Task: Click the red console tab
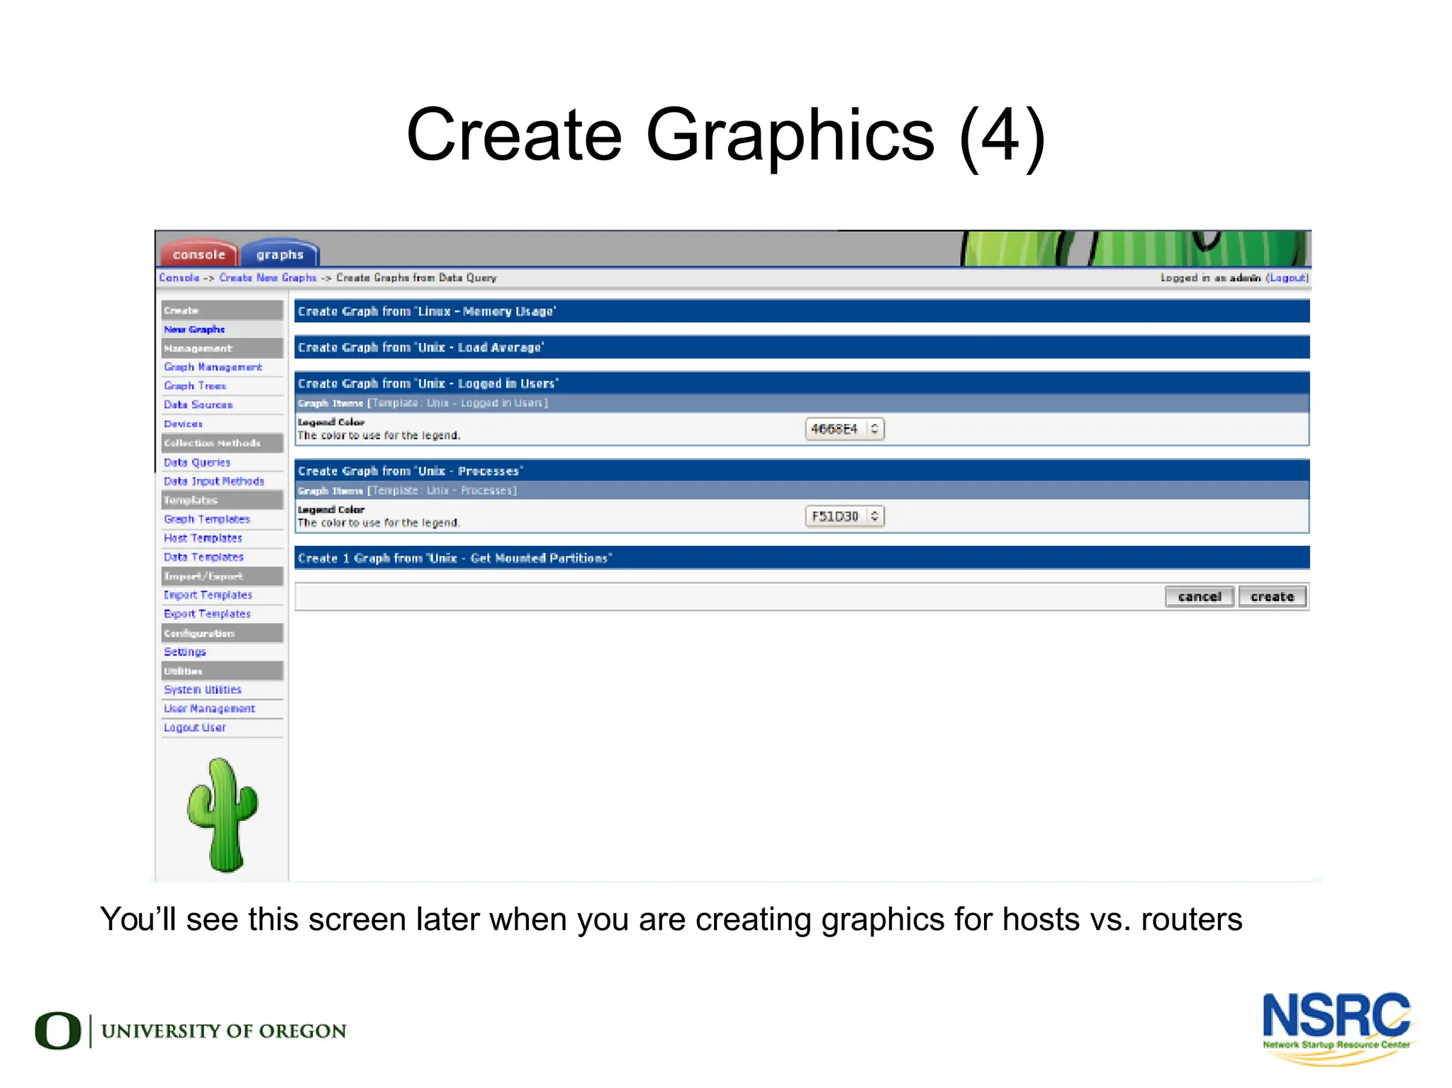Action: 199,254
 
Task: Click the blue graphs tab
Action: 280,254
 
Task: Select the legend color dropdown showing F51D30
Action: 844,516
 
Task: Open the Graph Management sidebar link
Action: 213,367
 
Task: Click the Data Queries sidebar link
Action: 197,462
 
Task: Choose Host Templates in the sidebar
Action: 203,538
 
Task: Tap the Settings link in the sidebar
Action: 184,651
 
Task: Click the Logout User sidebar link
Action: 195,727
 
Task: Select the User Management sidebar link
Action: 209,708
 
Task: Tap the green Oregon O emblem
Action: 58,1031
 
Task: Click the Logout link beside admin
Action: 1287,278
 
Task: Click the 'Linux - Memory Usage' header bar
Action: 801,311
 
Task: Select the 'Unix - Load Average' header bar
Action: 801,347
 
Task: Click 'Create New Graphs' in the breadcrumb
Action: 267,278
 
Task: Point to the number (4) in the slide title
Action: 1002,135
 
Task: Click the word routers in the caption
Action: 1191,919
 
